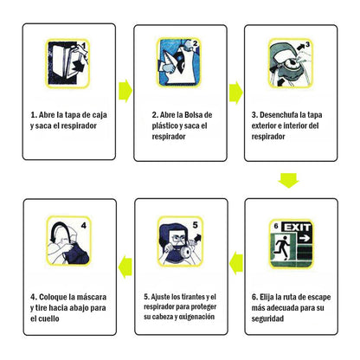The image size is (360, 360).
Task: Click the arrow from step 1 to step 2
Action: tap(125, 91)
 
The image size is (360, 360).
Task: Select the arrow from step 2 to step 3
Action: tap(236, 93)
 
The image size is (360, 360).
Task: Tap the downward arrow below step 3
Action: tap(288, 181)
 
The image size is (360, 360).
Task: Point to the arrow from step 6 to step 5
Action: tap(236, 263)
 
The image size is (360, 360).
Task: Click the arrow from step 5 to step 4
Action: tap(125, 267)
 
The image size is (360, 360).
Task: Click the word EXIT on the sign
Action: tap(298, 228)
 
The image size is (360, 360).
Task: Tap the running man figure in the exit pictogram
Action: tap(282, 247)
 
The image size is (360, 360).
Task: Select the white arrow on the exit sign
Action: tap(305, 238)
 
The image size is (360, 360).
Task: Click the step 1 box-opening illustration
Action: tap(67, 63)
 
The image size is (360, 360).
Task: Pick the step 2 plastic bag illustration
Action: tap(179, 62)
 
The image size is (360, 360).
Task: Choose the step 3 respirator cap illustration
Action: tap(291, 63)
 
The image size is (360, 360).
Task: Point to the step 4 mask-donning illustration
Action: tap(69, 241)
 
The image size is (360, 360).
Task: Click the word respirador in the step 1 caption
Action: tap(79, 125)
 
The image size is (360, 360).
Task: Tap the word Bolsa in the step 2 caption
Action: tap(194, 115)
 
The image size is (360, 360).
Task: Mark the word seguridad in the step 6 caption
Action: tap(267, 318)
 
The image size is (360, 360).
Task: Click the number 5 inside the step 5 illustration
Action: tap(196, 225)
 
